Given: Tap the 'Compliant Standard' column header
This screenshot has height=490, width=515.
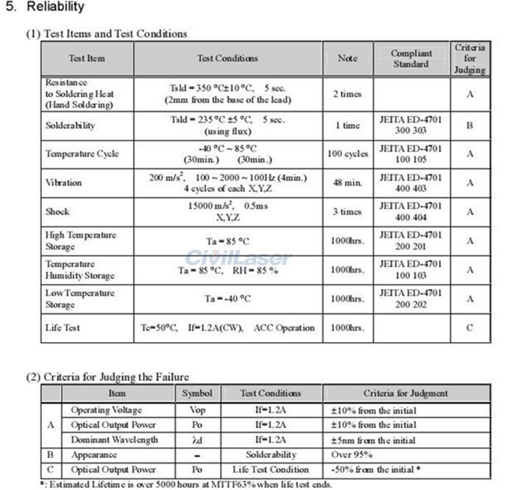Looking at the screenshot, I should [411, 58].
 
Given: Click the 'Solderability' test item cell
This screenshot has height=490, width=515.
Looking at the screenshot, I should [70, 125].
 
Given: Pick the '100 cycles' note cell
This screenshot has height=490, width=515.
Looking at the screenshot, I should [347, 154].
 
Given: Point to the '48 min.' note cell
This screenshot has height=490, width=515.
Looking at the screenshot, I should [347, 182].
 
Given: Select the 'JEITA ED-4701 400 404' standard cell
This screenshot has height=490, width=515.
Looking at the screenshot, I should [411, 211].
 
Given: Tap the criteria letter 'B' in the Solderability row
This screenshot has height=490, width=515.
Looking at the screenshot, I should [469, 125].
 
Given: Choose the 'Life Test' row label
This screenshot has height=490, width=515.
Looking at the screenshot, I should [63, 327].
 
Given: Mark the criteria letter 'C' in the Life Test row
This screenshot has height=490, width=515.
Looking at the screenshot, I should [469, 327].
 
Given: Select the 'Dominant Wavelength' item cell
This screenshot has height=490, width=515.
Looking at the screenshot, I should [114, 440].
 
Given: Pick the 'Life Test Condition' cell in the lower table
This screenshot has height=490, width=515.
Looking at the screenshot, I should [271, 469].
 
